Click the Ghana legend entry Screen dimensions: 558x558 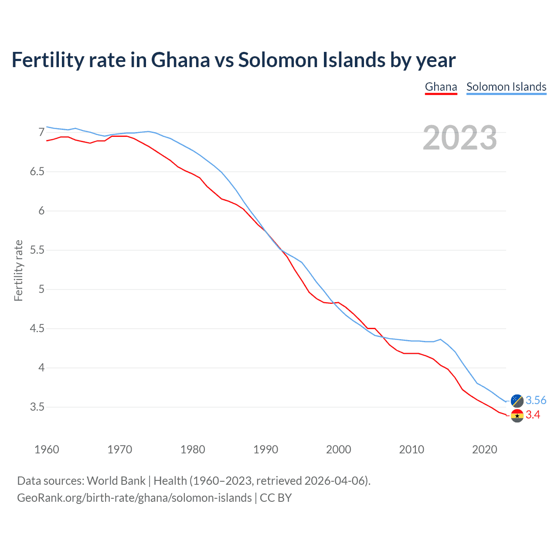coord(441,87)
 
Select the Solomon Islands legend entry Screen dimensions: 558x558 coord(506,87)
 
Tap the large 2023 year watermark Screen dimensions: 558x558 coord(460,138)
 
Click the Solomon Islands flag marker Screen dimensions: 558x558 coord(517,401)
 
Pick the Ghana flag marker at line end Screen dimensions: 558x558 coord(517,416)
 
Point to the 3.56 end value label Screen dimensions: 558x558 coord(536,401)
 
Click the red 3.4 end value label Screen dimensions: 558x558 coord(533,415)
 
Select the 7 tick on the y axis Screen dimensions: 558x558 coord(41,132)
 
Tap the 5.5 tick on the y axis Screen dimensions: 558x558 coord(37,250)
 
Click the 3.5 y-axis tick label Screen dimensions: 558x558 coord(37,407)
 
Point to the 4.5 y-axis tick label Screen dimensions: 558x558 coord(37,329)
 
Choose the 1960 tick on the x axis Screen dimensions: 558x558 coord(47,449)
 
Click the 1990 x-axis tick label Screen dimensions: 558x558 coord(265,449)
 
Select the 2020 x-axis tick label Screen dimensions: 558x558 coord(484,449)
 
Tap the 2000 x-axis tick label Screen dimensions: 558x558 coord(338,449)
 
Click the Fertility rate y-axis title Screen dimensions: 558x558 coord(18,270)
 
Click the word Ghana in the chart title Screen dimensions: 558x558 coord(180,60)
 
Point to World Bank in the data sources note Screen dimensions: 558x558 coord(116,481)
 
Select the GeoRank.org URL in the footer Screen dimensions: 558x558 coord(134,498)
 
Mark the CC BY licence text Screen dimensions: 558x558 coord(276,498)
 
